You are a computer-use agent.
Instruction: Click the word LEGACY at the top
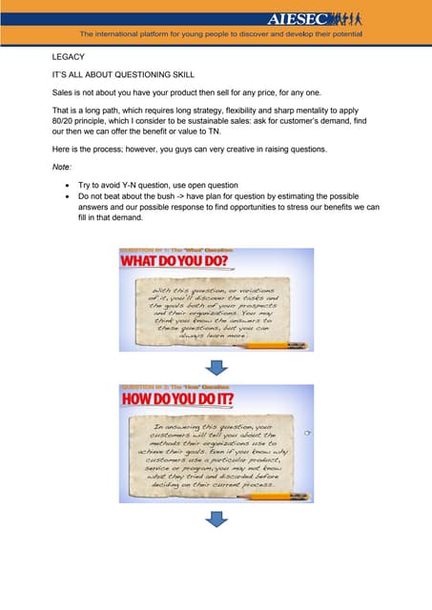tap(69, 57)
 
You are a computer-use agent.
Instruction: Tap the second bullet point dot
tap(66, 194)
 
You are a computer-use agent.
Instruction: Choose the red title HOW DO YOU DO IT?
tap(187, 400)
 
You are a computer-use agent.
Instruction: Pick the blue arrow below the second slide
tap(216, 518)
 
